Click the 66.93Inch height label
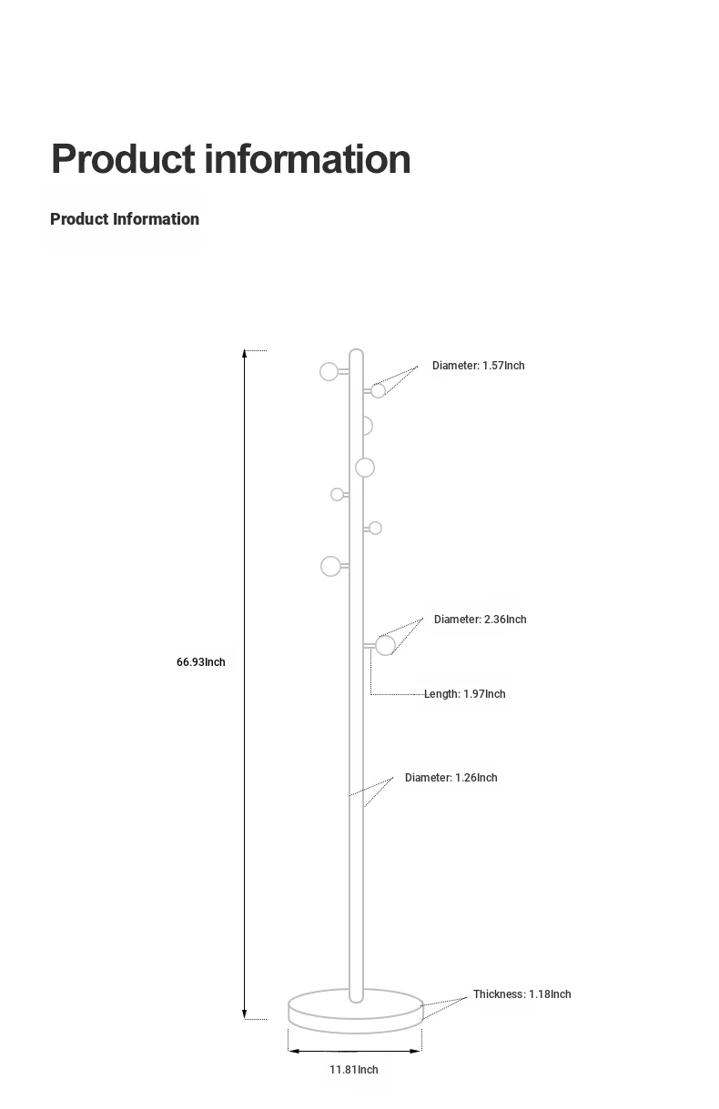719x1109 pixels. [x=200, y=662]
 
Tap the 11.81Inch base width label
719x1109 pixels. [x=353, y=1069]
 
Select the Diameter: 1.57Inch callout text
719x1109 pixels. [x=479, y=366]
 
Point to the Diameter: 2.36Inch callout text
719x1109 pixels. [x=481, y=620]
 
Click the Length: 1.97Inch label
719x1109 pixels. [x=465, y=694]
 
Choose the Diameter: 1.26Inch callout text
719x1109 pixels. [x=451, y=778]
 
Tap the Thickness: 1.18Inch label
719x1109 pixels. [x=522, y=994]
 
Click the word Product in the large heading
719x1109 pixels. [x=123, y=159]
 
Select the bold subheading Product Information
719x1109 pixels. [x=125, y=219]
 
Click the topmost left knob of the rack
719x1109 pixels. [x=329, y=371]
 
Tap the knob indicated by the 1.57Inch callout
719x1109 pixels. [x=379, y=390]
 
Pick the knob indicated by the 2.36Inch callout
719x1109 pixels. [x=385, y=646]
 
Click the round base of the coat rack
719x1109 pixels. [x=356, y=1013]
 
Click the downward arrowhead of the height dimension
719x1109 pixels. [x=244, y=1014]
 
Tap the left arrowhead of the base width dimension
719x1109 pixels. [x=293, y=1051]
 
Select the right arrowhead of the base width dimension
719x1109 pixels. [x=416, y=1051]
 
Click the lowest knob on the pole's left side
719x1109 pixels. [x=330, y=567]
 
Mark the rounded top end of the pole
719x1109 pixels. [x=356, y=351]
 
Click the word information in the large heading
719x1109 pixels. [x=308, y=159]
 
